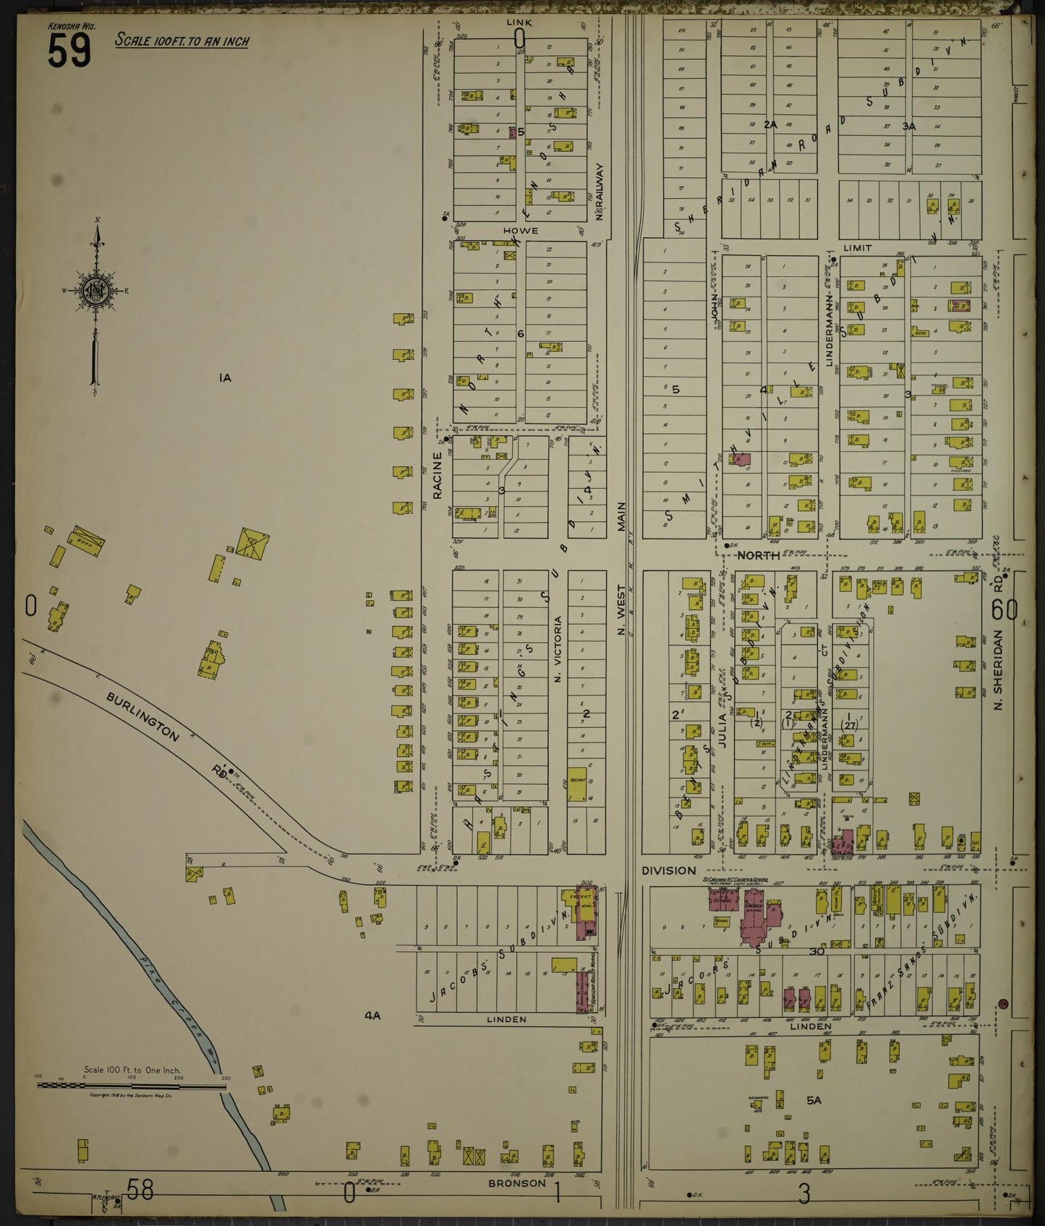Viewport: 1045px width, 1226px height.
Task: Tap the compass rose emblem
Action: click(95, 291)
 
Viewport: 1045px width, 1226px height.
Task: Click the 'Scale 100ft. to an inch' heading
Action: click(182, 40)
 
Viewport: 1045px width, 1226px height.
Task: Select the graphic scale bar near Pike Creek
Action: click(132, 1085)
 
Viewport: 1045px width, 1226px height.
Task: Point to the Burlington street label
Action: click(142, 718)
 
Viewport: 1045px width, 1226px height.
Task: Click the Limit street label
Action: click(857, 248)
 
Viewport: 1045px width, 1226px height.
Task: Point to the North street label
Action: click(758, 555)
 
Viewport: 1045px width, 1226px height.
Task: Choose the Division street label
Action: click(668, 870)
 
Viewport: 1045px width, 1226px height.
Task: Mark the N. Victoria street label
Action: click(558, 648)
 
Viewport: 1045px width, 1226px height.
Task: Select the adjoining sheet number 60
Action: click(1005, 611)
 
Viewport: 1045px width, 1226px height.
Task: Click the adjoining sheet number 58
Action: click(140, 1189)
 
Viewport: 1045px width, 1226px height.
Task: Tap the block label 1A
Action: click(225, 377)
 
